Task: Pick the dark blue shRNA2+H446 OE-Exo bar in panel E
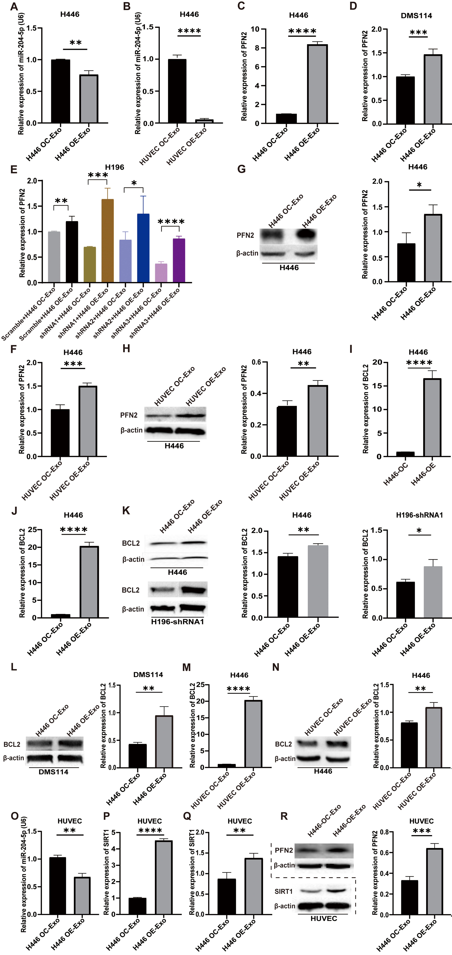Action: [143, 248]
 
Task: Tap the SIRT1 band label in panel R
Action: [284, 891]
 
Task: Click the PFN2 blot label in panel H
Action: [129, 415]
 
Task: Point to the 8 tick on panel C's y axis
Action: [255, 48]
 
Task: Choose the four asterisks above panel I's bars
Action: [419, 363]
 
